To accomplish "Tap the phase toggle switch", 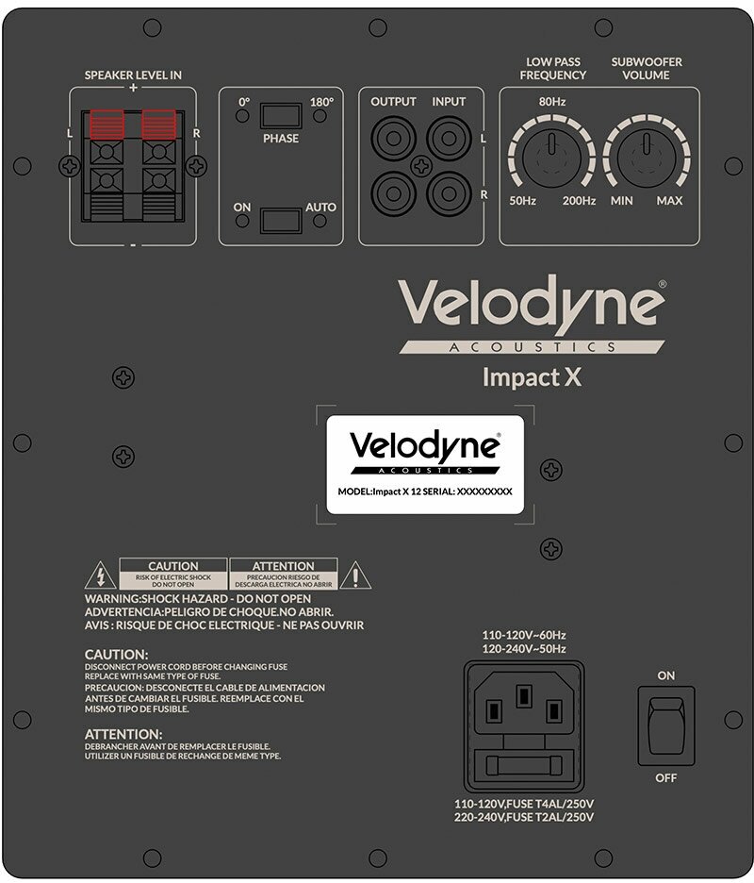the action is pyautogui.click(x=281, y=116).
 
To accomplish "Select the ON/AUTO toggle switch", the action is pyautogui.click(x=281, y=221).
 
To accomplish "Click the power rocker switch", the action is pyautogui.click(x=665, y=725).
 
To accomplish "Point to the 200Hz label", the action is pyautogui.click(x=579, y=201).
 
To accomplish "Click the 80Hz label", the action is pyautogui.click(x=551, y=100).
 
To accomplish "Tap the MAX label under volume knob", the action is pyautogui.click(x=669, y=201).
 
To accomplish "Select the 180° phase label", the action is pyautogui.click(x=322, y=101).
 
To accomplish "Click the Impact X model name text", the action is pyautogui.click(x=532, y=377).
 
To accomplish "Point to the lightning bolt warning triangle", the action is pyautogui.click(x=95, y=575).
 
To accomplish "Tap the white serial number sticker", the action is pyautogui.click(x=424, y=463).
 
